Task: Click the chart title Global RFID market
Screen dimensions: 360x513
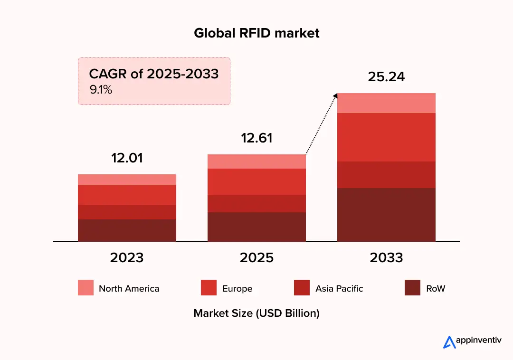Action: (256, 33)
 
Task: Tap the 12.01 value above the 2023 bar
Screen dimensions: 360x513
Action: (127, 158)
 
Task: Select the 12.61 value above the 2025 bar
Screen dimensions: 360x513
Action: (256, 138)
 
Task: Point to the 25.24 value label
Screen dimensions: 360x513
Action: (386, 76)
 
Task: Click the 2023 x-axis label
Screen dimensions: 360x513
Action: (127, 257)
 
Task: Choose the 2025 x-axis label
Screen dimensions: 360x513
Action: (256, 257)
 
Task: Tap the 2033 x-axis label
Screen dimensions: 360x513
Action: (386, 257)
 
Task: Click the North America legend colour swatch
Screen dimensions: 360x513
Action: (85, 288)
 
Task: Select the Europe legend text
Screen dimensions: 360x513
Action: (237, 288)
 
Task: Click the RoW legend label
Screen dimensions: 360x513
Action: (436, 288)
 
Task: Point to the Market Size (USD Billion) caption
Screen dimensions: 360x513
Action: (256, 313)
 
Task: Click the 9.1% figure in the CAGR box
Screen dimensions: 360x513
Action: (101, 89)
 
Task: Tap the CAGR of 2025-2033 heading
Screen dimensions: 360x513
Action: (154, 74)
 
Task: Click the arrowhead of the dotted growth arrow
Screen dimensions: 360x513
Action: (335, 95)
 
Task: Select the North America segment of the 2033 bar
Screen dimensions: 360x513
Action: (386, 103)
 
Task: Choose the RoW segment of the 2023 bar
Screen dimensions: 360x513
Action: (127, 230)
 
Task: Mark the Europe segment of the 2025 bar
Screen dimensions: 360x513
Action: (256, 181)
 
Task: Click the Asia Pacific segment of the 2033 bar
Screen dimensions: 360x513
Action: (386, 174)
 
